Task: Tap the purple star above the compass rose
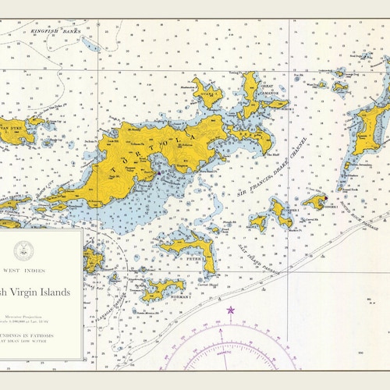coord(231,310)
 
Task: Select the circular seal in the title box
coord(23,250)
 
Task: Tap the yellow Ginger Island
coord(315,202)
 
